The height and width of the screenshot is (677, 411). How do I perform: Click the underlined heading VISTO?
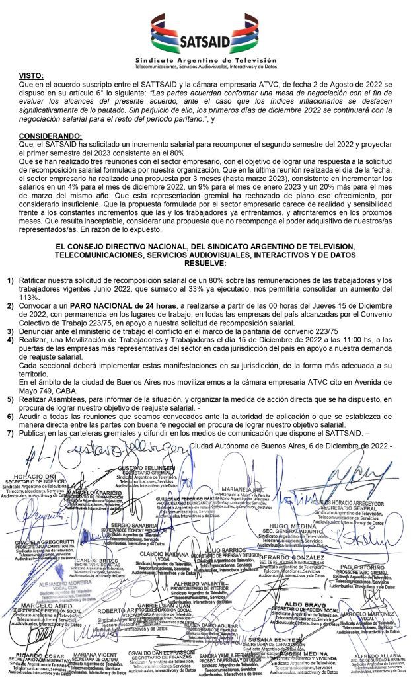[x=31, y=77]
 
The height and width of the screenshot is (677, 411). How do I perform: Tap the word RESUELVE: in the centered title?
[x=205, y=262]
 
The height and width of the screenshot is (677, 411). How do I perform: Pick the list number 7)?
[x=11, y=433]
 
